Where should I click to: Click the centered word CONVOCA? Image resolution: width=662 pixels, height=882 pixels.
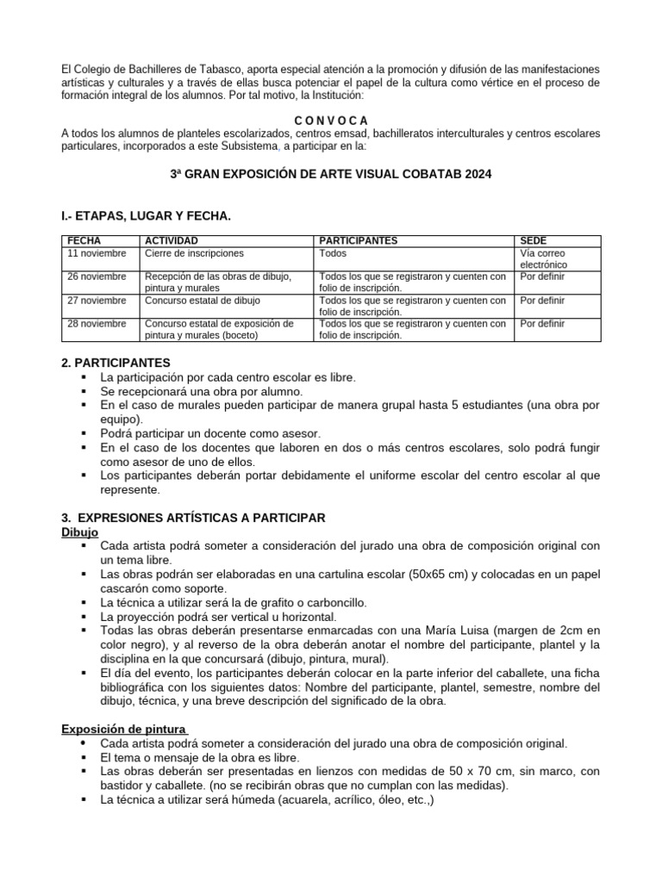(331, 120)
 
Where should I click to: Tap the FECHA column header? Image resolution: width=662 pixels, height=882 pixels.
(84, 240)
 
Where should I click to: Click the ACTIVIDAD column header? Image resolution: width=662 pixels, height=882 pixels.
(172, 240)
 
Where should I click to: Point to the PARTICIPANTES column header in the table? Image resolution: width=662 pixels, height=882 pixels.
(359, 240)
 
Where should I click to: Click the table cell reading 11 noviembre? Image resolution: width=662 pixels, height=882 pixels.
(97, 253)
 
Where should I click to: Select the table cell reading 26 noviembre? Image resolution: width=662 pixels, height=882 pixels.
(97, 276)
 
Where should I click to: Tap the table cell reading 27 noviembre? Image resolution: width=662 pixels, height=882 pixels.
(97, 301)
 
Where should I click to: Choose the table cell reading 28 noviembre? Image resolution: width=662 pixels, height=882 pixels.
(97, 324)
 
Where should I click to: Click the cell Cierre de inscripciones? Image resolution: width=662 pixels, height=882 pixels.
(194, 253)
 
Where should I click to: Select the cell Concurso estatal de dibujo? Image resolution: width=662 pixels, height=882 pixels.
(203, 301)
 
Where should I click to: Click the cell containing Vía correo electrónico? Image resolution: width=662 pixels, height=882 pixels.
(544, 259)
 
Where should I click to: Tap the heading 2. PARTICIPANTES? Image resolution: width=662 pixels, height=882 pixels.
(116, 363)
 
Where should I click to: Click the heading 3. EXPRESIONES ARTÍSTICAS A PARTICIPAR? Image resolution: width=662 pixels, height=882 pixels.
(193, 517)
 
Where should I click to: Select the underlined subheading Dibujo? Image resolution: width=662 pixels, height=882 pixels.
(79, 532)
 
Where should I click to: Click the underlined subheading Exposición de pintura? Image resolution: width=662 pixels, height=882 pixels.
(124, 729)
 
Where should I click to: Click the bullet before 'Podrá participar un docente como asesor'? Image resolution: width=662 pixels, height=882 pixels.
(84, 433)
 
